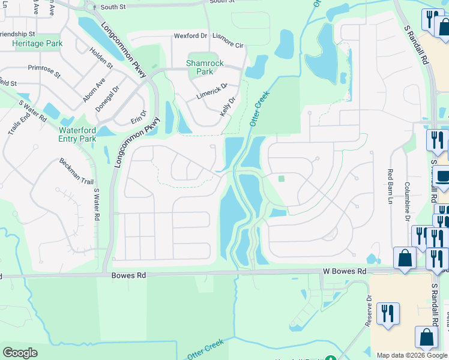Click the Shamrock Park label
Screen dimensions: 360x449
(205, 67)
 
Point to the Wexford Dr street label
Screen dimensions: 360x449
(190, 36)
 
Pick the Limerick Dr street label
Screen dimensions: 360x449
(212, 92)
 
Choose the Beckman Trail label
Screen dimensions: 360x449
(76, 171)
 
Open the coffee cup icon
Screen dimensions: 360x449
(443, 178)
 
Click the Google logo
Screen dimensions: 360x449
(20, 353)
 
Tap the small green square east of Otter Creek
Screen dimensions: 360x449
(281, 178)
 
